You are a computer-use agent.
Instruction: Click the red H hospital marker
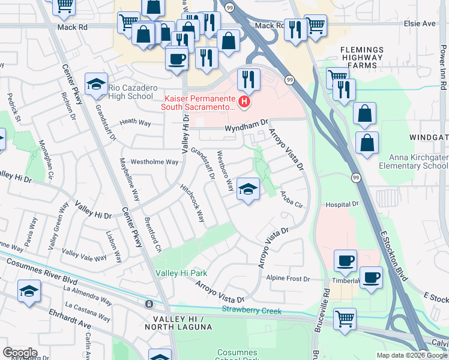244,102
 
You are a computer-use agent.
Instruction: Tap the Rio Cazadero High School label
131,92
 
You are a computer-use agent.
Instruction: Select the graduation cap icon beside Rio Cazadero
96,85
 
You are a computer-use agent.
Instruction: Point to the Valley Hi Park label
180,273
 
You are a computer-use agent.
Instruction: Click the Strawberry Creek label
252,310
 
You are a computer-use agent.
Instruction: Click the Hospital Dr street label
342,205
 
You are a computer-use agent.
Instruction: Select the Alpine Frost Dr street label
288,279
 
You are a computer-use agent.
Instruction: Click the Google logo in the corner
20,352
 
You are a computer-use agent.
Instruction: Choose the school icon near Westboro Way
248,190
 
